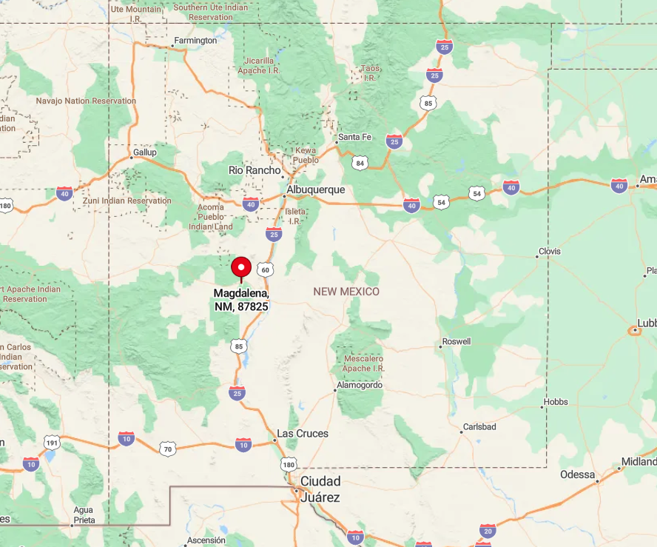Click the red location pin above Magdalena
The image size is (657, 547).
point(241,268)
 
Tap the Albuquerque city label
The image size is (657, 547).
point(316,189)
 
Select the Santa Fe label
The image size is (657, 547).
point(354,137)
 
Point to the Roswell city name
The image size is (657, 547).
point(456,342)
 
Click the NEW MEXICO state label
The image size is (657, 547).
point(346,292)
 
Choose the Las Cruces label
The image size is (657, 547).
point(302,433)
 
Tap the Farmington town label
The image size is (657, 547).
point(195,41)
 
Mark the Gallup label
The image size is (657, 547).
point(144,152)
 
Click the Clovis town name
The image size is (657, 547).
point(550,252)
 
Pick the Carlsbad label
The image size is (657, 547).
point(479,427)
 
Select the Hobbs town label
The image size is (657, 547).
point(555,402)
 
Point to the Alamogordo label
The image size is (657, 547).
point(360,386)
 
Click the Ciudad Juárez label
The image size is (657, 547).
point(320,489)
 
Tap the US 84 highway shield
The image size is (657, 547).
point(360,162)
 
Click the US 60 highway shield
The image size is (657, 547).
point(266,269)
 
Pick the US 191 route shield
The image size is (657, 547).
point(51,443)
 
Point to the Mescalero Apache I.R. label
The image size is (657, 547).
point(364,363)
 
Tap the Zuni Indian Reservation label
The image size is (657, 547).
point(128,201)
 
